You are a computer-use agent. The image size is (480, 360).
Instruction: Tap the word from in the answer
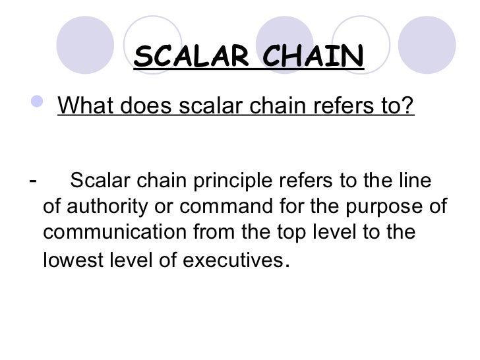(218, 233)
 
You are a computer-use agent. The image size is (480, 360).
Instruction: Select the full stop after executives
(284, 266)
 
